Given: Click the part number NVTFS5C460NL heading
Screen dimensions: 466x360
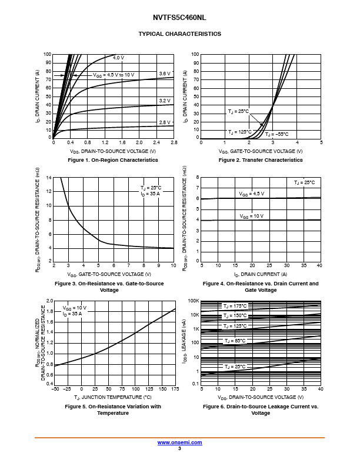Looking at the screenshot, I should point(180,18).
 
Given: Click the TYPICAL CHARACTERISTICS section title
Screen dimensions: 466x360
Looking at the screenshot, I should point(180,34).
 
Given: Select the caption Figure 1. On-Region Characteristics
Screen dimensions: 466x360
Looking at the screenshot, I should point(113,160).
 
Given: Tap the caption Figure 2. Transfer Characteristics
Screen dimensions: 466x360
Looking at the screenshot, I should point(261,160).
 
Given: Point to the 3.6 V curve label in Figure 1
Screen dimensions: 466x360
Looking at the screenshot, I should point(165,74).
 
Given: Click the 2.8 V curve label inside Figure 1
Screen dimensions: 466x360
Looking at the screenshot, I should point(165,122).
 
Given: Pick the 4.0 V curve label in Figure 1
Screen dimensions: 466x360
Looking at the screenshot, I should point(118,58).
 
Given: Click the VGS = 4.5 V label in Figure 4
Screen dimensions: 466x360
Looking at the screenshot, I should point(252,194).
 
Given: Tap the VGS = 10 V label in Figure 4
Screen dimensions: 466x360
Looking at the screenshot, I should point(252,216).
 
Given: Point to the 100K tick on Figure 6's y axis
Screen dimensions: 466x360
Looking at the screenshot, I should point(194,301).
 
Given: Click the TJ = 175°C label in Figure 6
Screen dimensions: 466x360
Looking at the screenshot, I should point(235,306).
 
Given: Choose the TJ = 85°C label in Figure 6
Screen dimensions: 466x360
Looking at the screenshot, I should point(235,341).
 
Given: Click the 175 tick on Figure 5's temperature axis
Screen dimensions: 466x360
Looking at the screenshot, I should point(175,390).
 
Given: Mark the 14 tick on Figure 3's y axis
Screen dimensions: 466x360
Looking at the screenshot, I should point(49,177).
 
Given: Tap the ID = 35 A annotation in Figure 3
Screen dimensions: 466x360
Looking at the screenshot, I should point(151,194).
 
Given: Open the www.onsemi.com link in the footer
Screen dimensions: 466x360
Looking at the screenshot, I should point(180,442).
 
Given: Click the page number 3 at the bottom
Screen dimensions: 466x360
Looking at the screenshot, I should point(179,448).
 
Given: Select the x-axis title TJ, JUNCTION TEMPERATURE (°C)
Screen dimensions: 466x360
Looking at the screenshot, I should point(113,398).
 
